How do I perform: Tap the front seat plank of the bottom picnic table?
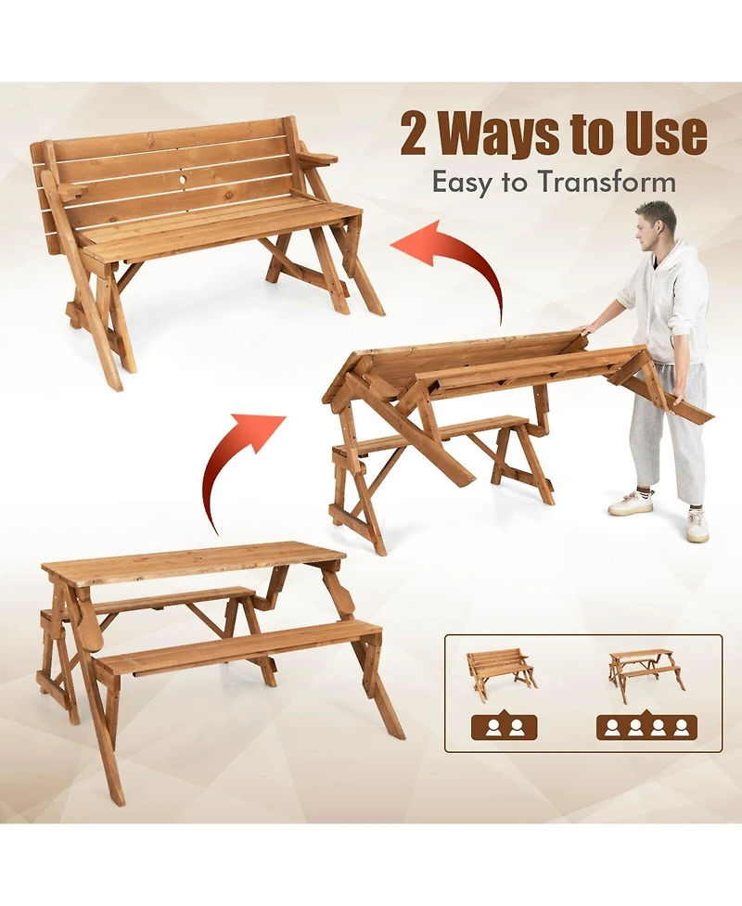tap(232, 646)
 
